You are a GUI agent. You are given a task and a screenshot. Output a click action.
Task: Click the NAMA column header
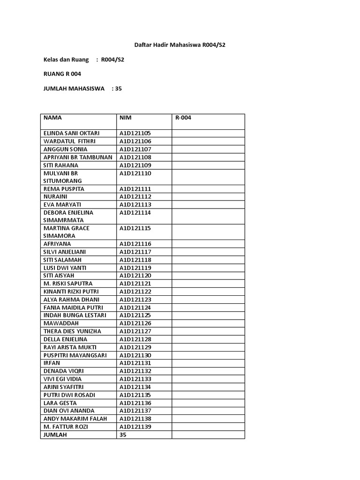click(52, 118)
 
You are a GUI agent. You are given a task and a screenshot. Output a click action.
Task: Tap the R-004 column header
click(183, 118)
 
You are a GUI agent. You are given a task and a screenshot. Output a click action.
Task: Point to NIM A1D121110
click(135, 173)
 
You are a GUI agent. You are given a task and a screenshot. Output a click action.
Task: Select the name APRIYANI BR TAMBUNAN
click(78, 157)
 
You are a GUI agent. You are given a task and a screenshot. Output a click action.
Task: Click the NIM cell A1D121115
click(135, 228)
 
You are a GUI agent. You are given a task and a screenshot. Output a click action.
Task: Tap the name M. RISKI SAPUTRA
click(68, 284)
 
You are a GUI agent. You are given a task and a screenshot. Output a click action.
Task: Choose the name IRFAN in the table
click(52, 363)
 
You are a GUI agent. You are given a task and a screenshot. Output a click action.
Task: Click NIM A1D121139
click(135, 427)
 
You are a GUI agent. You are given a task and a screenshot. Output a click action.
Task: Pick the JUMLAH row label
click(55, 435)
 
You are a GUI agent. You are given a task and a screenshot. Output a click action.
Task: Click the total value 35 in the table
click(123, 435)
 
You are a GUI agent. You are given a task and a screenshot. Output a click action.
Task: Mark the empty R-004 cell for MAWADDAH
click(208, 323)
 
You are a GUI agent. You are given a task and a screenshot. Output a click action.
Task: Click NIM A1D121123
click(135, 300)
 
